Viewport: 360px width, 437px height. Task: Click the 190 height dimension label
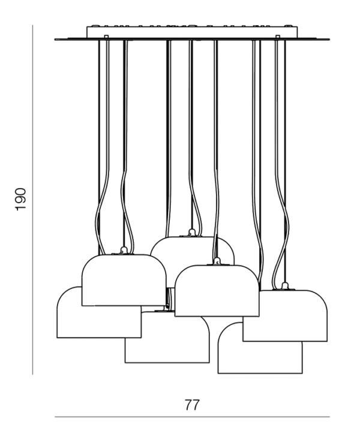pyautogui.click(x=20, y=200)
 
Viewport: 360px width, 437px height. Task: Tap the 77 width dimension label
pyautogui.click(x=192, y=405)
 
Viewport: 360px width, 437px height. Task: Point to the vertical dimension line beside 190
pyautogui.click(x=32, y=200)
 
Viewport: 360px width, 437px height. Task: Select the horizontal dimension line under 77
pyautogui.click(x=192, y=417)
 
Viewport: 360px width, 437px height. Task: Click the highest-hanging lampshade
pyautogui.click(x=192, y=262)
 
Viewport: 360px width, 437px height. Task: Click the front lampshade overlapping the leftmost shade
pyautogui.click(x=124, y=280)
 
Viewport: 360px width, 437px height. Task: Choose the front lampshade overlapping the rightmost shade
pyautogui.click(x=217, y=291)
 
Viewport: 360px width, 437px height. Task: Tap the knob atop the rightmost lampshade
pyautogui.click(x=285, y=286)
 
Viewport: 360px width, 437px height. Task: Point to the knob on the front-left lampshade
pyautogui.click(x=124, y=251)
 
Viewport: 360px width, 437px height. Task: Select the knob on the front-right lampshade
pyautogui.click(x=217, y=261)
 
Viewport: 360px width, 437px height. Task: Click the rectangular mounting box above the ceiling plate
pyautogui.click(x=192, y=32)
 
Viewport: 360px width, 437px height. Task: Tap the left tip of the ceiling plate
pyautogui.click(x=55, y=40)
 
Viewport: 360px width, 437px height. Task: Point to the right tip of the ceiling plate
pyautogui.click(x=329, y=40)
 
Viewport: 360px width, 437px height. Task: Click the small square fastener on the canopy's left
pyautogui.click(x=106, y=36)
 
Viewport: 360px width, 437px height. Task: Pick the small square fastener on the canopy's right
pyautogui.click(x=277, y=36)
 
